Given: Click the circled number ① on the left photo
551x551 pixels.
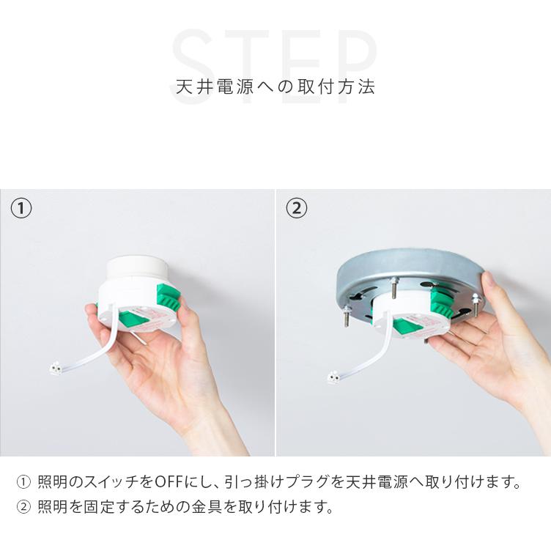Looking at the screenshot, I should (x=21, y=208).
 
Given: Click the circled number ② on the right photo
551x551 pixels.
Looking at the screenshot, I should (x=296, y=208).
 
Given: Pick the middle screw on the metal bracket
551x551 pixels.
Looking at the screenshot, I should (x=393, y=290).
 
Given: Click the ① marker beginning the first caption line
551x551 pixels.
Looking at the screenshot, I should (x=23, y=483).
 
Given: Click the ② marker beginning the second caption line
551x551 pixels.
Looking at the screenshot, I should (x=23, y=506).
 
